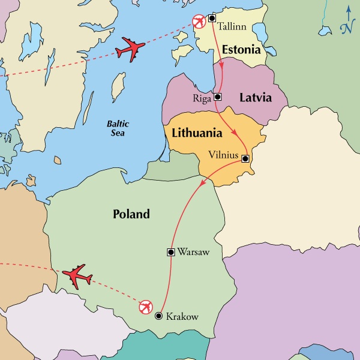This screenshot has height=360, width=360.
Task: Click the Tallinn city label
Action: [x=233, y=28]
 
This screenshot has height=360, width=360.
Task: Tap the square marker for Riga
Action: [x=218, y=97]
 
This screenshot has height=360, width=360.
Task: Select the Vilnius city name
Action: [x=223, y=155]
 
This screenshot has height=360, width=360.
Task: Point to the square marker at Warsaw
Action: [x=170, y=252]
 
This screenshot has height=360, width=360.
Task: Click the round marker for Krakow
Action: [x=158, y=316]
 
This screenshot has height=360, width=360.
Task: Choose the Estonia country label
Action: [x=241, y=49]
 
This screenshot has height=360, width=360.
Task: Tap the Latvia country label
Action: [x=256, y=97]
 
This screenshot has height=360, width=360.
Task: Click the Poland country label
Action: [x=131, y=214]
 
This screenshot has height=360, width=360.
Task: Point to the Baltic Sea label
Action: [x=118, y=128]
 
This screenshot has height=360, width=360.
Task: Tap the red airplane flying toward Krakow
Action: [x=78, y=277]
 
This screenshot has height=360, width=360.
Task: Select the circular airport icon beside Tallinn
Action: [x=199, y=22]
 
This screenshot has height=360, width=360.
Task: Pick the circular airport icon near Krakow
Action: [x=145, y=308]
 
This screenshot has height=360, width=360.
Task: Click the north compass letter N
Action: [x=347, y=27]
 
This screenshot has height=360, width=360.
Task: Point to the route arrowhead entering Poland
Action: [x=202, y=181]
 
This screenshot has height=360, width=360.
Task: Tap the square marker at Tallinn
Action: [x=211, y=18]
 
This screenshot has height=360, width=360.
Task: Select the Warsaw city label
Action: [x=194, y=252]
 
